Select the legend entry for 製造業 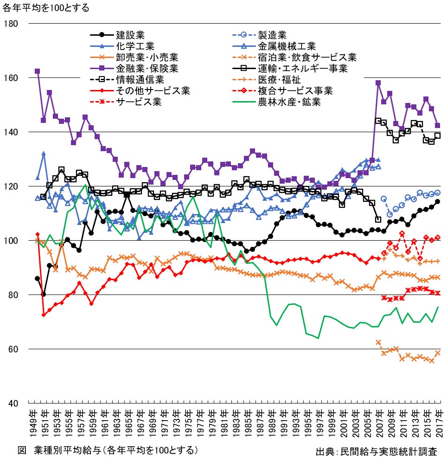click(272, 35)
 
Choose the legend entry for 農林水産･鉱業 click(289, 102)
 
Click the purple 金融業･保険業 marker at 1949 click(37, 71)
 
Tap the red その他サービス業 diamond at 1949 click(37, 234)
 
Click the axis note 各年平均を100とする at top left click(46, 8)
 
